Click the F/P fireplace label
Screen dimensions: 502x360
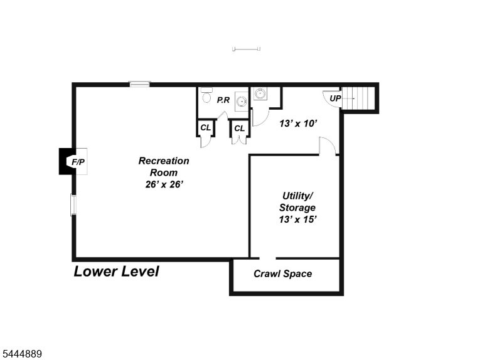coord(78,162)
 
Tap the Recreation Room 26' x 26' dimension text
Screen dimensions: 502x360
coord(164,184)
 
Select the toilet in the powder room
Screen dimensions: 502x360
coord(206,95)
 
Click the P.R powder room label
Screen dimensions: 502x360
coord(223,100)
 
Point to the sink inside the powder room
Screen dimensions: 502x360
coord(242,102)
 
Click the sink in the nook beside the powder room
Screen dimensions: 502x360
coord(260,93)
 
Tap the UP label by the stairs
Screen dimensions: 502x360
coord(335,98)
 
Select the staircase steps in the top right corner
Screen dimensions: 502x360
coord(358,98)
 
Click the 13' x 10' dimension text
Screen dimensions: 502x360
coord(298,124)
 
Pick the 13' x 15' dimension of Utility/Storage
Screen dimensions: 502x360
coord(297,220)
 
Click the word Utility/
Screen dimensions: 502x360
coord(297,196)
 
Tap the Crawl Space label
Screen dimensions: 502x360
coord(283,273)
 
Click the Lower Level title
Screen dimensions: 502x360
coord(116,272)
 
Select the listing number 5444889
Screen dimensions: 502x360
coord(22,354)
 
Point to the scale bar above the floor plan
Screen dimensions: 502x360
coord(246,49)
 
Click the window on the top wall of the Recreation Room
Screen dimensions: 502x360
coord(139,84)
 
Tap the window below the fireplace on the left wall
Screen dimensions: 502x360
coord(73,205)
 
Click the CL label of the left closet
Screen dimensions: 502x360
coord(206,128)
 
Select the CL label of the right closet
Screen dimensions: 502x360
coord(240,129)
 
